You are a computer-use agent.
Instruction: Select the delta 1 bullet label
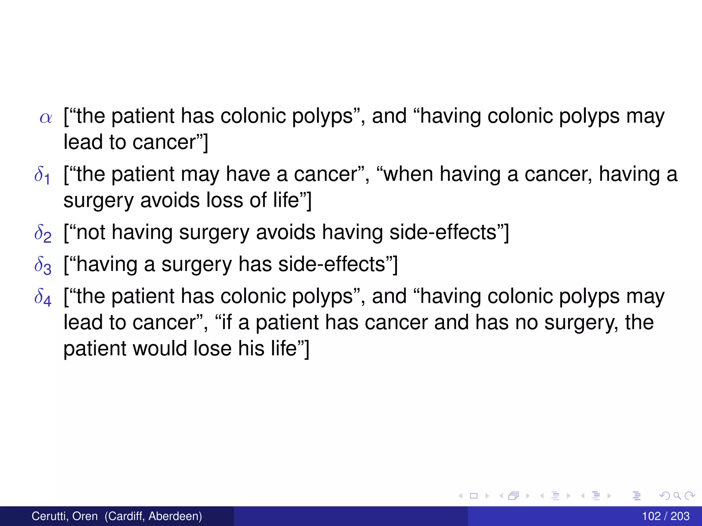[43, 175]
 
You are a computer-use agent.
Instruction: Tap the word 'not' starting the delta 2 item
[90, 233]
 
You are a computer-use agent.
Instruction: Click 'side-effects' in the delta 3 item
[331, 264]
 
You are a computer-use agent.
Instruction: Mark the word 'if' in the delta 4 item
[227, 323]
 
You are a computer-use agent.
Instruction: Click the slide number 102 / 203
[665, 516]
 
